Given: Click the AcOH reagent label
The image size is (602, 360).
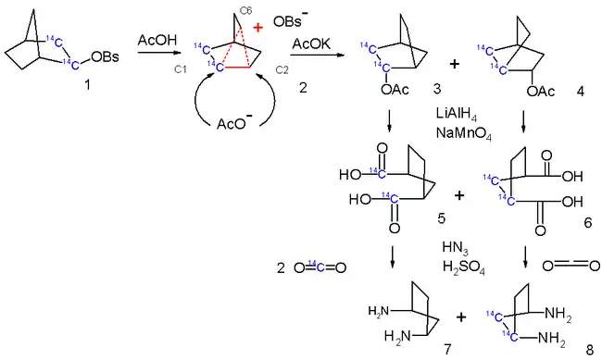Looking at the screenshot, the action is click(x=157, y=40).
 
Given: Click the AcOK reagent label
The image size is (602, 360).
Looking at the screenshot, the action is click(x=311, y=44).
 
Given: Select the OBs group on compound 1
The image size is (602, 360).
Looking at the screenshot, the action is click(x=106, y=56).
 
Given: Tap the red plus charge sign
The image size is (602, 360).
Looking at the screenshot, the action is click(x=258, y=28).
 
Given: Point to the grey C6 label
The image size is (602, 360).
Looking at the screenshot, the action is click(x=245, y=11).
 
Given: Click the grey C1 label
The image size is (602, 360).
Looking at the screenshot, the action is click(x=180, y=69).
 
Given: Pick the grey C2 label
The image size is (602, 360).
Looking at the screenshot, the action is click(x=282, y=69).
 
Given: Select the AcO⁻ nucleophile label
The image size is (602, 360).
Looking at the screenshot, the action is click(x=234, y=122).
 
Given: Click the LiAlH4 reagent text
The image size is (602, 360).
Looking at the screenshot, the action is click(x=457, y=114).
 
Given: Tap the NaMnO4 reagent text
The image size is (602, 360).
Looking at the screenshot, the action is click(x=463, y=133).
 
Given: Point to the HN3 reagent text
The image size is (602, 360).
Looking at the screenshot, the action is click(x=455, y=248).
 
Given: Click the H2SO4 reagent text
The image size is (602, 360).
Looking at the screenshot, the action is click(x=463, y=267).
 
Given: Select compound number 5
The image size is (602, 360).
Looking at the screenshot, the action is click(x=442, y=218).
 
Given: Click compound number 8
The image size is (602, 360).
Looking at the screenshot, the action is click(x=590, y=350).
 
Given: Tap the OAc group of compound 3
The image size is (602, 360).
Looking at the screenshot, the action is click(x=395, y=90).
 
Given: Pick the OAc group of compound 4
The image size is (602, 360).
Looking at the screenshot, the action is click(x=541, y=92).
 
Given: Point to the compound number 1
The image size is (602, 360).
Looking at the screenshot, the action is click(x=88, y=84).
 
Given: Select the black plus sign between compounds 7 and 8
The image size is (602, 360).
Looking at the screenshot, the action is click(x=461, y=317).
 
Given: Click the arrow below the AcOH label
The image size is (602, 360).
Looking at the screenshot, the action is click(x=158, y=52).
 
